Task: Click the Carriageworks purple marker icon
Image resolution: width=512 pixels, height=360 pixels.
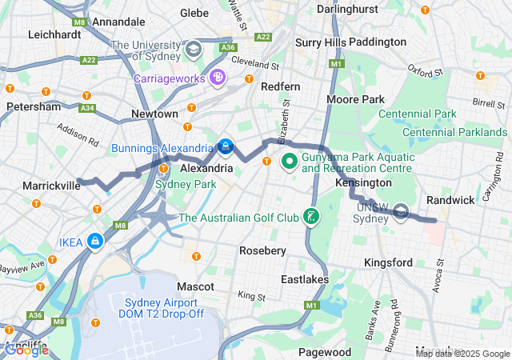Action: point(218,78)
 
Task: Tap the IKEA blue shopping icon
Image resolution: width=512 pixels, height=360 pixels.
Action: point(96,240)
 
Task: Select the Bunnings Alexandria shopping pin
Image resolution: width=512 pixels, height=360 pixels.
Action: point(226,147)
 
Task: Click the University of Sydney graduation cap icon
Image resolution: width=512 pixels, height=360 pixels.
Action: point(193,50)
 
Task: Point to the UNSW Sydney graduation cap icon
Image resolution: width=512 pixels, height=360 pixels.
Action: point(402,212)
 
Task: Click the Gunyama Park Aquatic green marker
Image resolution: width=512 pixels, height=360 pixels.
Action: point(288,162)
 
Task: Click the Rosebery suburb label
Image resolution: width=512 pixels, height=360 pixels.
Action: point(263,250)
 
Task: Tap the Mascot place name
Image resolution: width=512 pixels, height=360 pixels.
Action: point(195,286)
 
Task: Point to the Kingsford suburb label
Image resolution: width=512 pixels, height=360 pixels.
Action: point(388,262)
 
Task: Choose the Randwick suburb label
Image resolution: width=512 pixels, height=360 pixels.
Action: point(451,199)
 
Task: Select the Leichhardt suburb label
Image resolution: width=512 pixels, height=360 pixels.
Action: point(54,34)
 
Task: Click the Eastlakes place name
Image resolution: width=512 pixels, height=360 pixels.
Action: point(304,279)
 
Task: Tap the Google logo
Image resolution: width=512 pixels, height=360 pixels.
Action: point(26,350)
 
